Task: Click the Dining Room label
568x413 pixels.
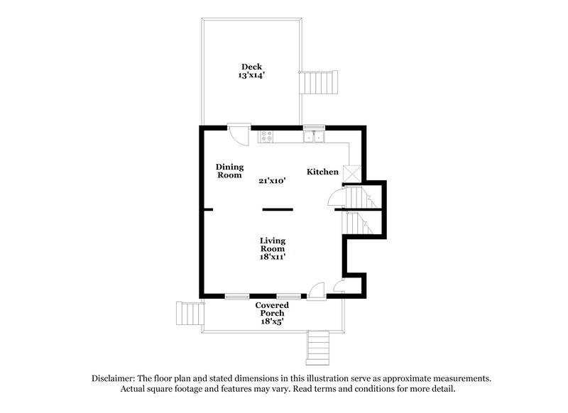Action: click(x=230, y=170)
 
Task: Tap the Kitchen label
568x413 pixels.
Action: click(x=322, y=172)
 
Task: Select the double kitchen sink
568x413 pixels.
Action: click(x=314, y=136)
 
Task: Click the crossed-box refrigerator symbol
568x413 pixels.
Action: click(x=351, y=173)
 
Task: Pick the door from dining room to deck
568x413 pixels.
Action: click(x=239, y=134)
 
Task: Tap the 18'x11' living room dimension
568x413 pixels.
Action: click(x=272, y=257)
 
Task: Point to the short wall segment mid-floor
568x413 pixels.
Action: click(x=278, y=209)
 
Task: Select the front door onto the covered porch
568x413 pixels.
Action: click(x=317, y=290)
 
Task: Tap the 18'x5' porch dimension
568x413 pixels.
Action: click(x=273, y=321)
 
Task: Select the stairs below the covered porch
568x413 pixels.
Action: click(x=319, y=347)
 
